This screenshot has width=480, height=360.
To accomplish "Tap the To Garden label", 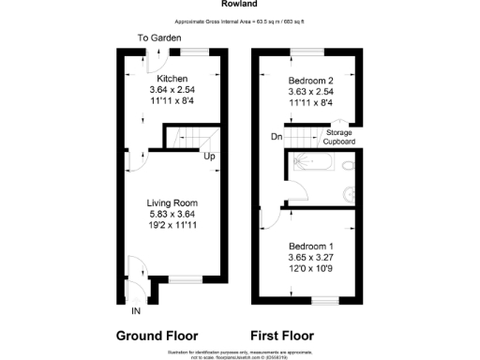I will [159, 38].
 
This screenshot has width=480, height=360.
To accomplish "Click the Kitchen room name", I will [172, 78].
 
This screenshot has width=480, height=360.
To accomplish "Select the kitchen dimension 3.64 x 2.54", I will [172, 89].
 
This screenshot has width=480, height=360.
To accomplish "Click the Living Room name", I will [172, 202].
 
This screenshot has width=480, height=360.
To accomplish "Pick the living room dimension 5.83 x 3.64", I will [172, 214].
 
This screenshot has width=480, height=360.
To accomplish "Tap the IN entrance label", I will [136, 310].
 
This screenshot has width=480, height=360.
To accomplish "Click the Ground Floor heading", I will [157, 335].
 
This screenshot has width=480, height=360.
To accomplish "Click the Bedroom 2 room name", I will [311, 80].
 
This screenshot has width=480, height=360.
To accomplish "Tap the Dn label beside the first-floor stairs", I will [277, 137].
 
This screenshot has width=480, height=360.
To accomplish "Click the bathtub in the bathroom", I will [309, 166].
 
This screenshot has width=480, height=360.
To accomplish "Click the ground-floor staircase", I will [185, 139].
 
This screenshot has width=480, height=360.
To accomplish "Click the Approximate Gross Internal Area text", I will [240, 20].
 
